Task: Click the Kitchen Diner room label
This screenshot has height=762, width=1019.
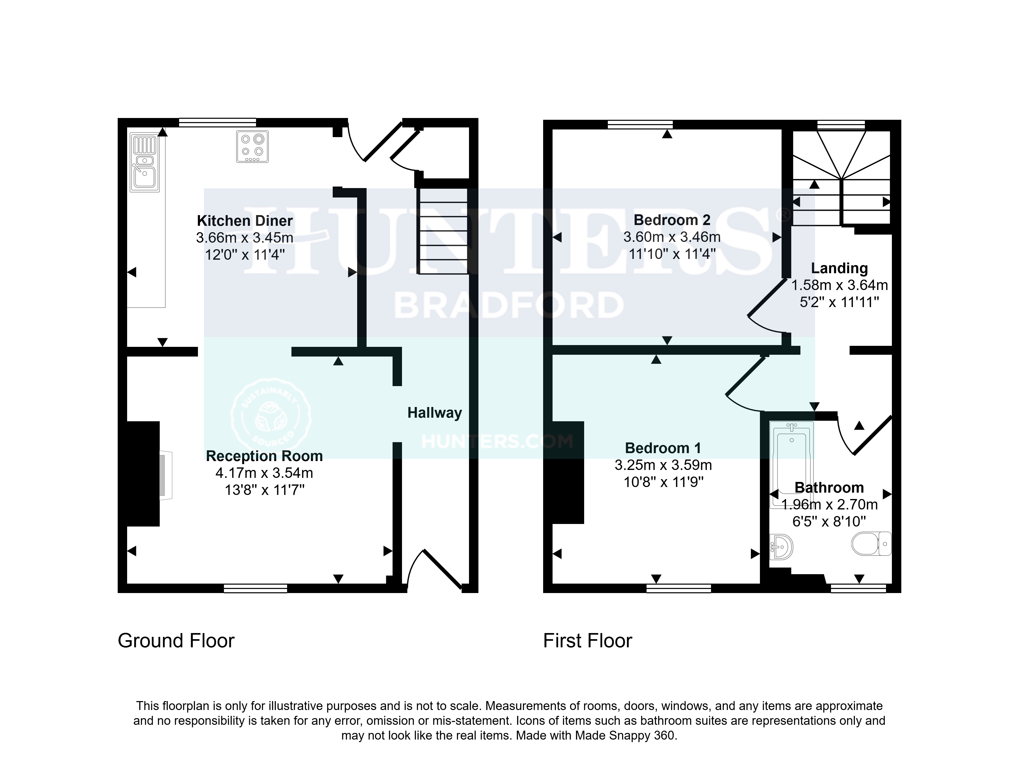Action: (245, 221)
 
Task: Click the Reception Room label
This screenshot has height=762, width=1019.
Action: (264, 456)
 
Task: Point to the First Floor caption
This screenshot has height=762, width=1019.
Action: (587, 641)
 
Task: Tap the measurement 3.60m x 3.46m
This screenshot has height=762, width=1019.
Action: (672, 237)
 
